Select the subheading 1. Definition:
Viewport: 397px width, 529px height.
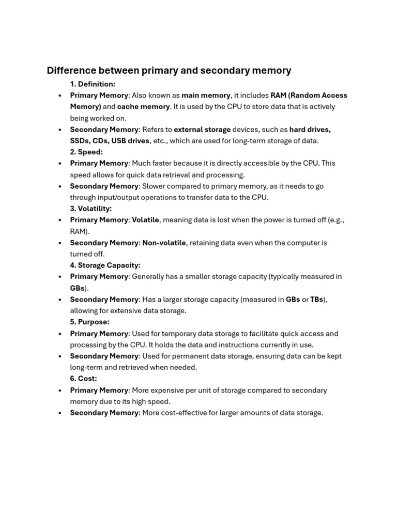[93, 84]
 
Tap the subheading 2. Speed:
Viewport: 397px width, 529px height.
[86, 152]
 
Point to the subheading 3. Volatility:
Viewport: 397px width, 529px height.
[90, 209]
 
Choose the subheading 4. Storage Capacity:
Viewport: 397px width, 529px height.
[105, 265]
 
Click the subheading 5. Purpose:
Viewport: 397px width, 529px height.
[89, 322]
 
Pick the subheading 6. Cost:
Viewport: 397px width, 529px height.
[83, 379]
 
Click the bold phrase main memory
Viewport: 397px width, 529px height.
[206, 95]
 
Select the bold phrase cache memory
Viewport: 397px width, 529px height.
[143, 106]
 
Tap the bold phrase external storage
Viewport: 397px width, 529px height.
[202, 129]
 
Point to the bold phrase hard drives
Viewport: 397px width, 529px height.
[310, 129]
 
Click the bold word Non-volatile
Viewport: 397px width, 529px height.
[164, 243]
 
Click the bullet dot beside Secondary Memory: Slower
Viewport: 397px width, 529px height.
[60, 186]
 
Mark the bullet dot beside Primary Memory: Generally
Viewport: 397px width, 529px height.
[60, 277]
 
